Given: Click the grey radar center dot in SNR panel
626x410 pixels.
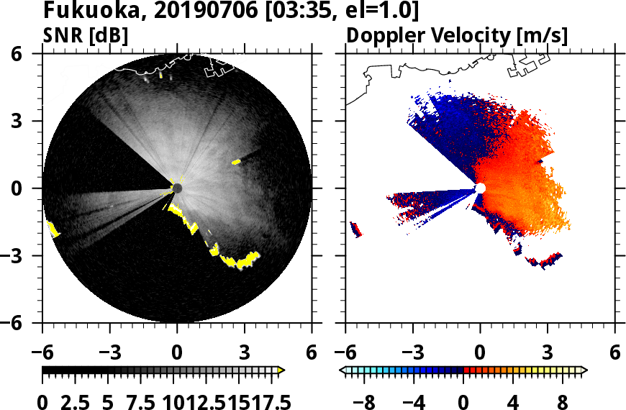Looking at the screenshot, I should coord(177,188).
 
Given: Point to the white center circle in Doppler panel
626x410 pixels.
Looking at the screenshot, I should coord(480,188).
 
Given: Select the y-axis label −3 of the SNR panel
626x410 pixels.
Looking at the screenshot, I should coord(26,256).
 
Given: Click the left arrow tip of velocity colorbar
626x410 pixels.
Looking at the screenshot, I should coord(342,370).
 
